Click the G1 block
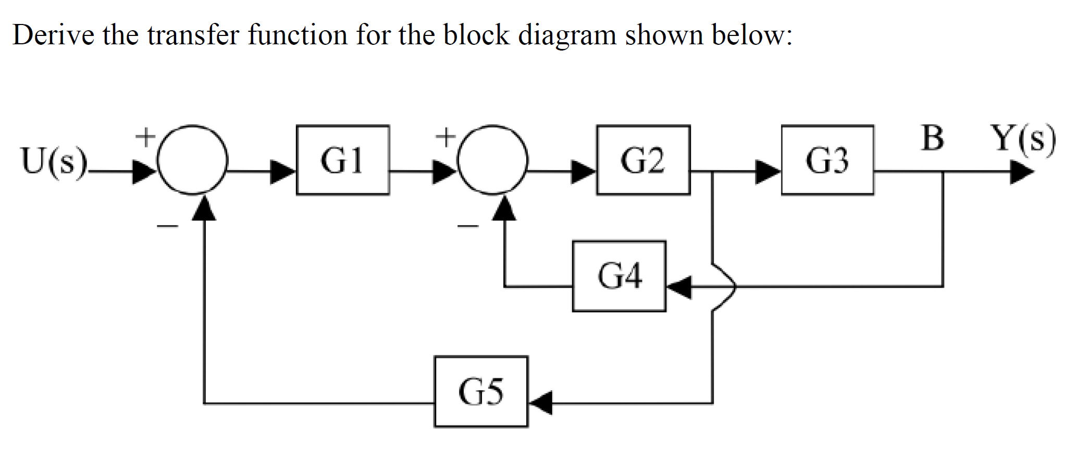coord(342,160)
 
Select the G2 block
coord(643,160)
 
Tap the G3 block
coord(827,160)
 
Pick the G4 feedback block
coord(619,276)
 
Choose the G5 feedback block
coord(480,392)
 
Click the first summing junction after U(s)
coord(192,159)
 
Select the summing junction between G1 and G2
coord(493,159)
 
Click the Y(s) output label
coord(1023,140)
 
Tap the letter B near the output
coord(932,139)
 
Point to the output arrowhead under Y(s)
coord(1021,172)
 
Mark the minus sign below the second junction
coord(468,227)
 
